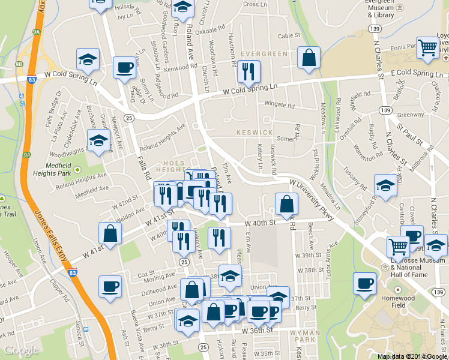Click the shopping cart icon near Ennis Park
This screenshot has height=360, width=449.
click(427, 47)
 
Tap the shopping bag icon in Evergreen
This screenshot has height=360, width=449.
click(309, 58)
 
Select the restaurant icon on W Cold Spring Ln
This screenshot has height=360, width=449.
click(246, 73)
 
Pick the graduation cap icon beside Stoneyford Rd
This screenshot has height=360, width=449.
click(385, 185)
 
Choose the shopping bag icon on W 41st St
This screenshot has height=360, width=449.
click(110, 234)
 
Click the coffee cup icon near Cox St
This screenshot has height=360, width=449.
click(110, 286)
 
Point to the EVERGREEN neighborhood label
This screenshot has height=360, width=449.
click(265, 54)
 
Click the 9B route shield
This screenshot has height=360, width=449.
click(19, 63)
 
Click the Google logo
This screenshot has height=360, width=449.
click(22, 350)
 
